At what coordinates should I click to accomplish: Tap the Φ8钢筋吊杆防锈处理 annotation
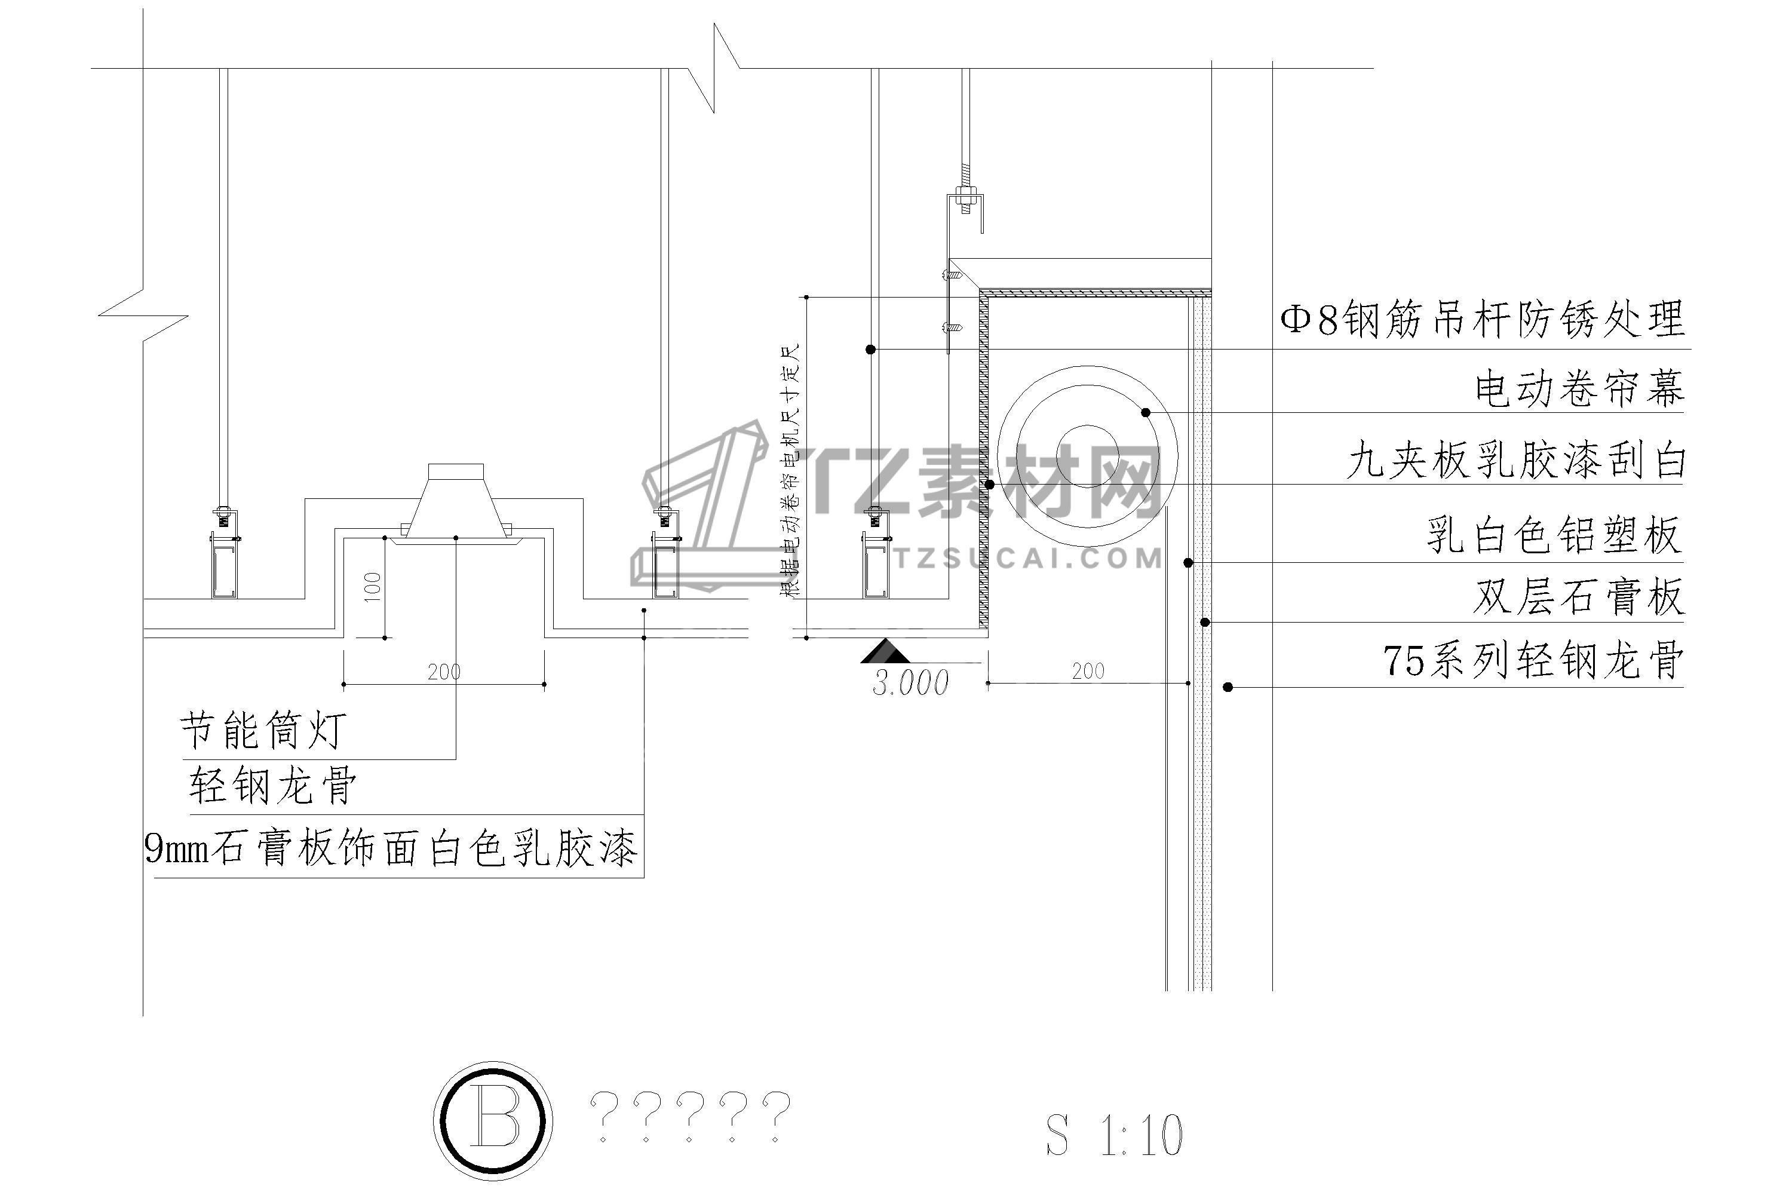click(x=1482, y=319)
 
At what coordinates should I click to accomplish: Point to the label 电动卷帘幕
click(x=1579, y=389)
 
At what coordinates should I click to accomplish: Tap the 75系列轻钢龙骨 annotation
click(x=1533, y=660)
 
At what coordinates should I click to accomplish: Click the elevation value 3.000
click(x=910, y=683)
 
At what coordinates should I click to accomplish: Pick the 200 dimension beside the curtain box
click(x=1087, y=670)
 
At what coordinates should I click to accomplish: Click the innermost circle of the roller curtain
click(x=1087, y=456)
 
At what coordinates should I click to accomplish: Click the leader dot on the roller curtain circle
click(x=1145, y=412)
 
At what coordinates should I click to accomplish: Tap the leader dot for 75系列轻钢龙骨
click(x=1228, y=687)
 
